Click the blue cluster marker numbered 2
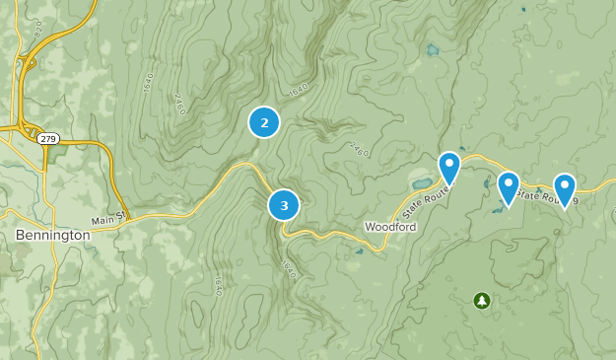coord(264,122)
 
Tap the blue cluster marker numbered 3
coord(284,205)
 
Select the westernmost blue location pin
coord(449,168)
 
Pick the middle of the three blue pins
coord(509,187)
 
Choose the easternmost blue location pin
coord(565,189)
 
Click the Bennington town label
coord(53,236)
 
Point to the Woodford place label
coord(391,227)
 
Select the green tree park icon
coord(481,300)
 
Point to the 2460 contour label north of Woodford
coord(357,149)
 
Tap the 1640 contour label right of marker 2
coord(300,90)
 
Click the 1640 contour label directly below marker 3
coord(289,268)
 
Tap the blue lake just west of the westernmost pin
coord(419,183)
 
